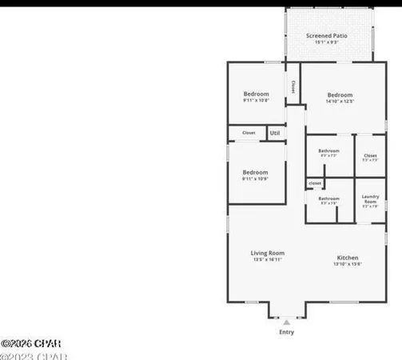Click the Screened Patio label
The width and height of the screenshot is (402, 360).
pos(328,35)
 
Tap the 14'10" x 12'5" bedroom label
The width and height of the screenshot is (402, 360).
pos(339,94)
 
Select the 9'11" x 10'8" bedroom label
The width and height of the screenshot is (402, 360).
pos(255,94)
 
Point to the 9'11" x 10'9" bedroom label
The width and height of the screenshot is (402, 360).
pos(255,172)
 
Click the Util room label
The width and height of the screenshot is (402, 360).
pos(274,133)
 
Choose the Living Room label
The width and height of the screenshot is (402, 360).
pos(268,253)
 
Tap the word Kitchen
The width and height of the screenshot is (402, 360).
pos(348,258)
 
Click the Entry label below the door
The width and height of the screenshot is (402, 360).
pos(285,331)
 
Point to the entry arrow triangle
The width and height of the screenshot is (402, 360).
pos(286,322)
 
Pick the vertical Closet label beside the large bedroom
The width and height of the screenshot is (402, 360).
pos(293,86)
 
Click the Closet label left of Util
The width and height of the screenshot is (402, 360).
pos(249,133)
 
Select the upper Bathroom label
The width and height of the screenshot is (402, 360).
pos(328,150)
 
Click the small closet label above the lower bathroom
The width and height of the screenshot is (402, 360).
pos(314,184)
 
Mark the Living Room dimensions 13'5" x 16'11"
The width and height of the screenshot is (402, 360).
pos(268,259)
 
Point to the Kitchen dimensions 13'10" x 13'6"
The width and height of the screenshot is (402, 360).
pos(348,264)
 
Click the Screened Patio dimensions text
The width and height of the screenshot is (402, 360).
pos(328,42)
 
